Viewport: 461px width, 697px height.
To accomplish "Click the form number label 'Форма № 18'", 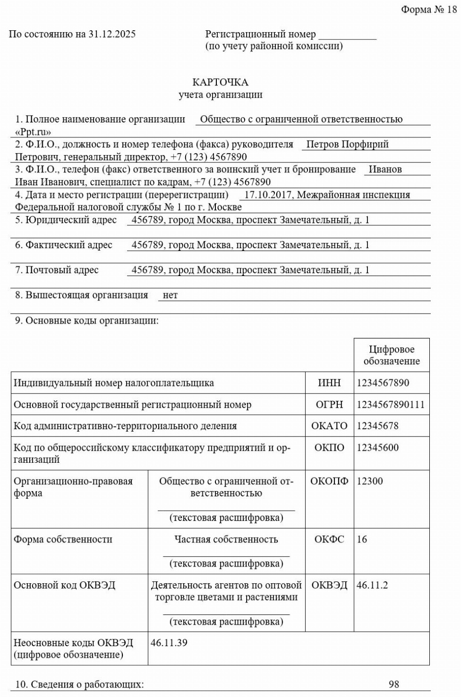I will pos(429,10).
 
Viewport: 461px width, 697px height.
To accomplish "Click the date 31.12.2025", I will pos(112,34).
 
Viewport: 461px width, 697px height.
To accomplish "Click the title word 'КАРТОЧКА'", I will pos(220,83).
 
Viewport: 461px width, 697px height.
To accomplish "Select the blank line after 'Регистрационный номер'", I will pos(347,36).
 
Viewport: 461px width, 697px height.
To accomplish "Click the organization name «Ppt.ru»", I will pos(33,132).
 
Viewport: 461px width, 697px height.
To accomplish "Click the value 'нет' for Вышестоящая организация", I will pos(170,295).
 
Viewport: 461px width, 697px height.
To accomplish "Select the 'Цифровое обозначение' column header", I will pos(391,355).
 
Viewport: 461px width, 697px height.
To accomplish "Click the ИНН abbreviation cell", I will pos(329,383).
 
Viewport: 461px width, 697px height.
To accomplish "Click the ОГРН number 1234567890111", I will pos(390,405).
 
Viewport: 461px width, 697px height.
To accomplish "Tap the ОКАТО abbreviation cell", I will pos(329,426).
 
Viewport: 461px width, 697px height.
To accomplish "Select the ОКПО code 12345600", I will pos(378,447).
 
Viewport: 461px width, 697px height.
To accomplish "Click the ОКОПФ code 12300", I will pos(370,481).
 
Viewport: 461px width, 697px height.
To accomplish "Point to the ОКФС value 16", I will pos(362,539).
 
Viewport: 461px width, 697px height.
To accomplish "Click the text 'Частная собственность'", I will pos(226,539).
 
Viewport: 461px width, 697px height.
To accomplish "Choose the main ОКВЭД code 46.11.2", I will pos(372,585).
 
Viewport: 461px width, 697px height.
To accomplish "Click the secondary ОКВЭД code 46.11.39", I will pos(169,643).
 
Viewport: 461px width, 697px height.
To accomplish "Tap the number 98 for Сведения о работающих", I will pos(394,685).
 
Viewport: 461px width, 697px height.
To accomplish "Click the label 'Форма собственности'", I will pos(63,539).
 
